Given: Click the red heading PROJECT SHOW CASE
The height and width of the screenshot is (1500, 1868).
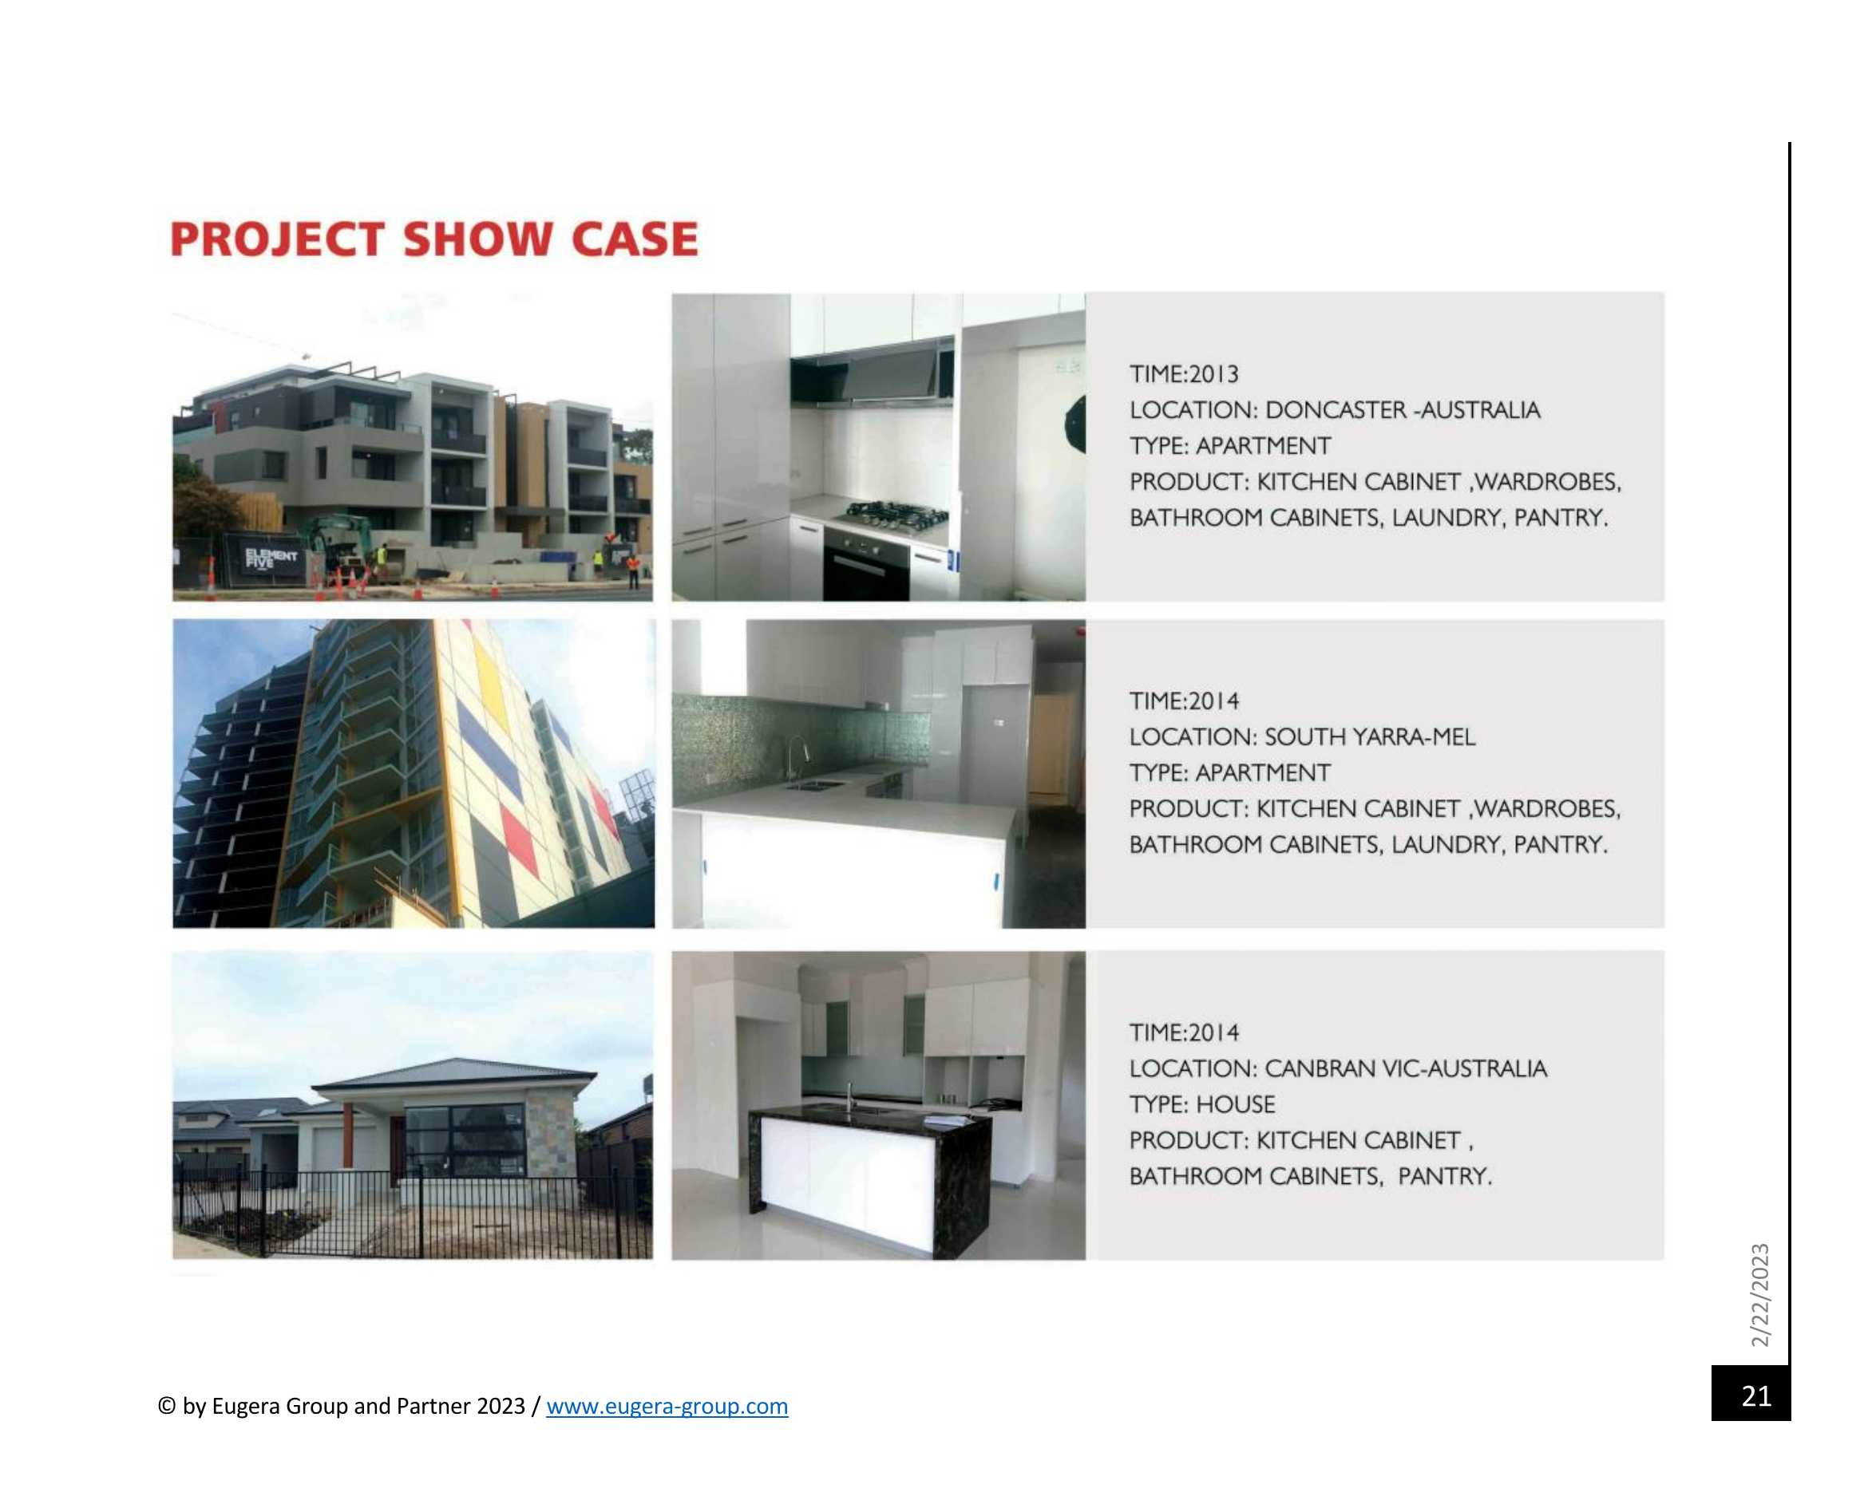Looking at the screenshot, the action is [433, 239].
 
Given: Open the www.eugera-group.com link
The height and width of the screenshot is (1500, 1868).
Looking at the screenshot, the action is [667, 1406].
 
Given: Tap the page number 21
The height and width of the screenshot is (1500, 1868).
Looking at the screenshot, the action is [1756, 1396].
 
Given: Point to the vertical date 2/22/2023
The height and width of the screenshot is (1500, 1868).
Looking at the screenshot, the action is [1759, 1295].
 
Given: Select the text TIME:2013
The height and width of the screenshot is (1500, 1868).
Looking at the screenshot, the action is [1184, 374].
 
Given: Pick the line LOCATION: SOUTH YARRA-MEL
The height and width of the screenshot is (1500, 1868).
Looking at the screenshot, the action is [1301, 737].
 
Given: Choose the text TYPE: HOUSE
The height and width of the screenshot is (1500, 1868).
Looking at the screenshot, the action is [1201, 1104].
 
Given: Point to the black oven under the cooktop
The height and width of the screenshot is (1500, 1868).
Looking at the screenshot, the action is [866, 564].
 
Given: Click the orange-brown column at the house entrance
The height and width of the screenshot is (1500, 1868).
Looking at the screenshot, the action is [347, 1135].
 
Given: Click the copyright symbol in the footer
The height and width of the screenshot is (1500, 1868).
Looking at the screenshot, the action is [167, 1407].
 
